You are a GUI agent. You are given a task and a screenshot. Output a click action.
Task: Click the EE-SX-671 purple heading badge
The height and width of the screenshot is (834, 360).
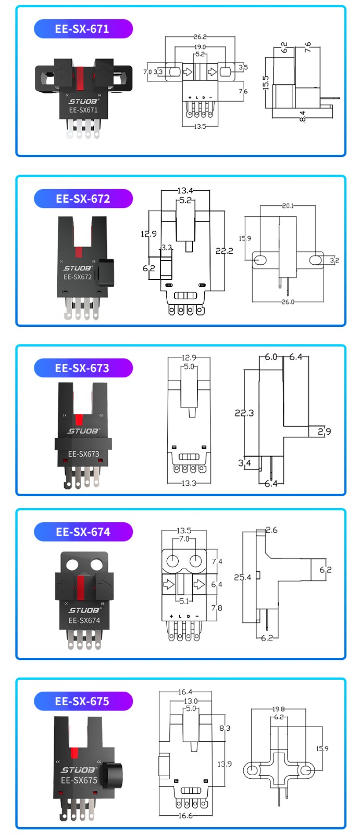(x=83, y=29)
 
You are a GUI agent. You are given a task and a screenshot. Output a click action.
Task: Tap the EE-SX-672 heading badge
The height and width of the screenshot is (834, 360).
(x=83, y=199)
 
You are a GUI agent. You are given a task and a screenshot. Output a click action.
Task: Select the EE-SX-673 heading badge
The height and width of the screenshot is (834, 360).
(x=83, y=368)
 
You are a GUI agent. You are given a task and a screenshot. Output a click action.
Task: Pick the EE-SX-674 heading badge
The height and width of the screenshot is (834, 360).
(x=83, y=532)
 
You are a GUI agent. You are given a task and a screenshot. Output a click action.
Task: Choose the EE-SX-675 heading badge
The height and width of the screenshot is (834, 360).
(x=83, y=701)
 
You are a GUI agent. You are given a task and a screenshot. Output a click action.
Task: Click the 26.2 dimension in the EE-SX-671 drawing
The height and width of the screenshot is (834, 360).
(x=200, y=37)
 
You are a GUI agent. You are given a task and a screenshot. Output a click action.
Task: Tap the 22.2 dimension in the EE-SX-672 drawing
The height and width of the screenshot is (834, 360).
(x=224, y=251)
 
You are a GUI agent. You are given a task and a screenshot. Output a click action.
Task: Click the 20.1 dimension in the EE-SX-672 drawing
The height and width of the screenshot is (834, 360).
(x=288, y=206)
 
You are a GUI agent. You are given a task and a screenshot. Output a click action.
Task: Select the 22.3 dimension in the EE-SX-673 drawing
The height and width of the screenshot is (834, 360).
(x=244, y=413)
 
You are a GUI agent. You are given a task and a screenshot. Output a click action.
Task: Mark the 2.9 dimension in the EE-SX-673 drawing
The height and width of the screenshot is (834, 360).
(x=325, y=431)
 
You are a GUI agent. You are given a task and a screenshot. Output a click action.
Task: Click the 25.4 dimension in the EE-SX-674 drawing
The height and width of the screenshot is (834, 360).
(x=242, y=577)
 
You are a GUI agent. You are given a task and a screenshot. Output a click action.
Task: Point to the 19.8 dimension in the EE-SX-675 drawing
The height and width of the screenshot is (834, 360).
(x=279, y=709)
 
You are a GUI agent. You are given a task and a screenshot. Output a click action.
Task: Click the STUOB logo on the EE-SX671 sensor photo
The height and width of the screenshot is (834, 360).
(x=83, y=101)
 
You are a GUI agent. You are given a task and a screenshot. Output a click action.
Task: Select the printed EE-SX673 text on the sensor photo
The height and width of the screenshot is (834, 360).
(x=83, y=454)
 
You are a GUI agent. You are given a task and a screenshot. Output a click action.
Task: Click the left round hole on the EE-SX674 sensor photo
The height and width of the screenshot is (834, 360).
(x=72, y=565)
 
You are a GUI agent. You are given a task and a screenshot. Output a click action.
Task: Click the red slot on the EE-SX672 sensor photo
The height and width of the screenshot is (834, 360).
(x=79, y=252)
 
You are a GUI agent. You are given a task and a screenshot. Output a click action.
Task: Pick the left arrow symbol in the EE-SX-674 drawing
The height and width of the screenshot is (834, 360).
(x=168, y=584)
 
